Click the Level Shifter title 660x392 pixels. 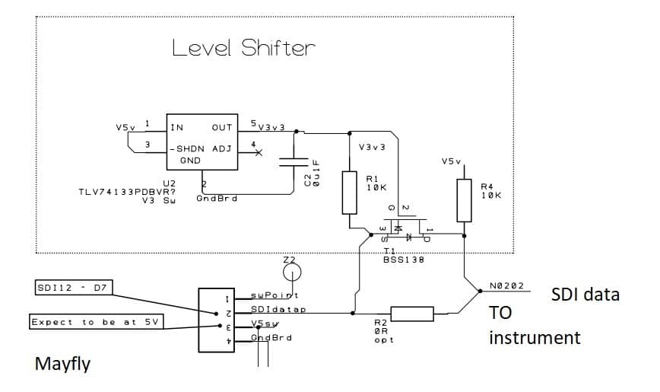[243, 49]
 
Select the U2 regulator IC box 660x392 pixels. [202, 144]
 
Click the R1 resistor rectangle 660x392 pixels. [350, 192]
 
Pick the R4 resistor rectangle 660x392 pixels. [464, 199]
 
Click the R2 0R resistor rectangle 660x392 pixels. [411, 313]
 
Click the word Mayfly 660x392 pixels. [62, 364]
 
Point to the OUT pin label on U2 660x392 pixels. [222, 128]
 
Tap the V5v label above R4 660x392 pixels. [451, 161]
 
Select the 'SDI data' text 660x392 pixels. [585, 294]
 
